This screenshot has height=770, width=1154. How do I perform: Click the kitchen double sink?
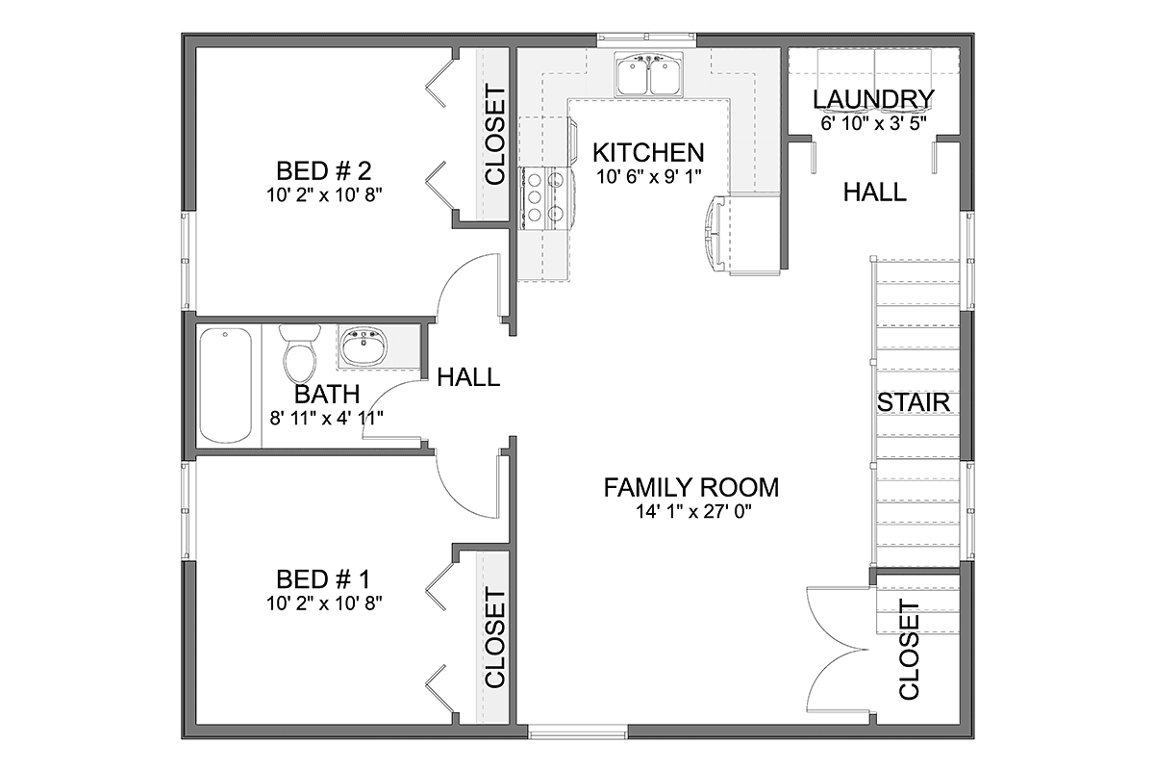(648, 74)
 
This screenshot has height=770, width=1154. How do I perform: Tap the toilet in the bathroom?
(300, 353)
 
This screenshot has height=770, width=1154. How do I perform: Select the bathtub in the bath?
(226, 385)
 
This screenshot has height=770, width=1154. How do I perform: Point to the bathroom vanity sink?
(364, 345)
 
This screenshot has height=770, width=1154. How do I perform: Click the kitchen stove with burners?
(546, 198)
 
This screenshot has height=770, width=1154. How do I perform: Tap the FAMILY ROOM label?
(690, 487)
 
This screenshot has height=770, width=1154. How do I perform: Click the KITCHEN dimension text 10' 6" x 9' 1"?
(649, 177)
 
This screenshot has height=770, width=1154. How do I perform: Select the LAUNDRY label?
(873, 99)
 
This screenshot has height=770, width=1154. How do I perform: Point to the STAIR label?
(914, 402)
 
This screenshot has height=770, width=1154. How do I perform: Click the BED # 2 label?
(323, 170)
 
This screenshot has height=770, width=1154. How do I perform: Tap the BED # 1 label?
(323, 579)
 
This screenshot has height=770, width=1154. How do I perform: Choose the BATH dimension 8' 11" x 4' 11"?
(327, 418)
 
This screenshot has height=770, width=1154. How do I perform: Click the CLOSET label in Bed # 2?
(495, 136)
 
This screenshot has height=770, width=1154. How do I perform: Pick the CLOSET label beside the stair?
(909, 650)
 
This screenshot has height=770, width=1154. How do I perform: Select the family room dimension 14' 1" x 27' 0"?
(693, 512)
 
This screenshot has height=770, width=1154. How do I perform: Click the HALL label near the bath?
(468, 377)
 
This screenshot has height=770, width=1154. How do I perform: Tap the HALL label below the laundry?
(875, 192)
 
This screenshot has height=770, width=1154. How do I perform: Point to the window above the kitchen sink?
(647, 38)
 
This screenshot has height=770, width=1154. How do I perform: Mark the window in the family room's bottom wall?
(578, 731)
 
